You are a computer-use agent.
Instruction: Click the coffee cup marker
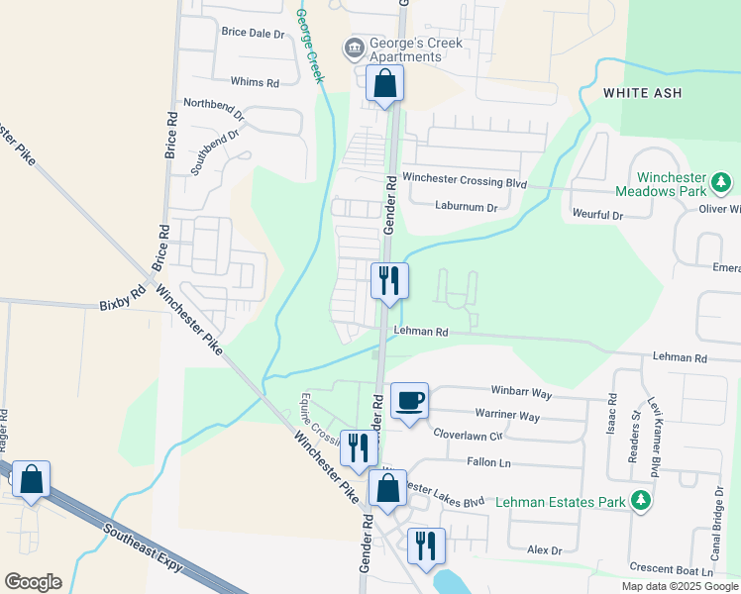tap(409, 401)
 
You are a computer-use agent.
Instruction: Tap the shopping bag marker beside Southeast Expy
tap(32, 480)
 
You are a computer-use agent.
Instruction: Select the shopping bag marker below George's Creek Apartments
tap(384, 85)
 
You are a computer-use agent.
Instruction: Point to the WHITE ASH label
tap(639, 92)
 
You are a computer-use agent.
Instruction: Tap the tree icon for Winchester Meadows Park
tap(722, 182)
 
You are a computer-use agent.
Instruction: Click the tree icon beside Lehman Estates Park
tap(643, 501)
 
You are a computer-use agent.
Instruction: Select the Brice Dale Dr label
tap(253, 33)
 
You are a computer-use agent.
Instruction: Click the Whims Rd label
tap(255, 83)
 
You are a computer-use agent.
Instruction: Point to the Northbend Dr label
tap(214, 103)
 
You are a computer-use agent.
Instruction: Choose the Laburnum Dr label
tap(465, 207)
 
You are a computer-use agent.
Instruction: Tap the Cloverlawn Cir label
tap(469, 434)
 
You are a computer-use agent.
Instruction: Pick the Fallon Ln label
tap(490, 462)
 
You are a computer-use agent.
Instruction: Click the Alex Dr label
tap(544, 549)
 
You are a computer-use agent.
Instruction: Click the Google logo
tap(33, 582)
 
